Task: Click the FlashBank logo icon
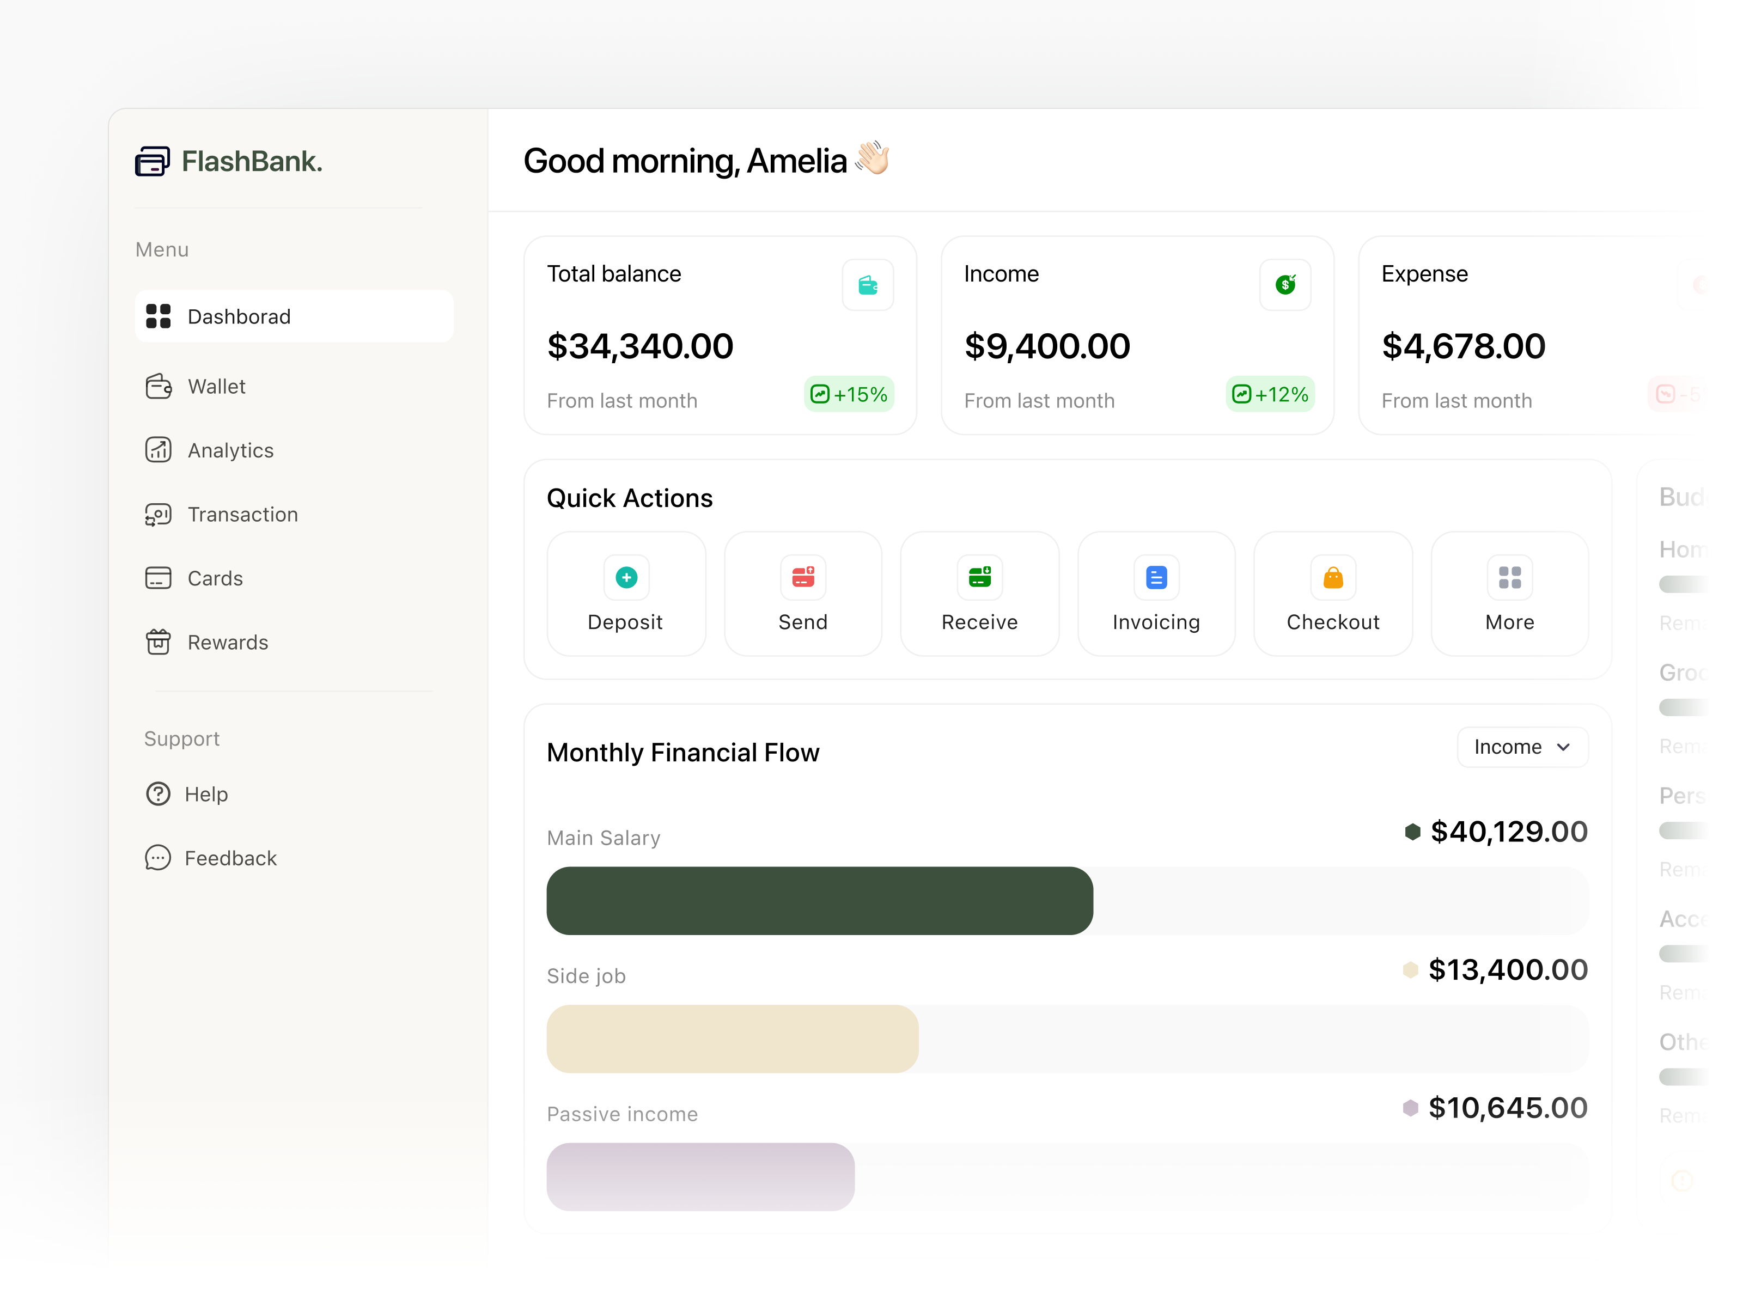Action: click(x=152, y=162)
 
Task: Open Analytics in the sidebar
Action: click(x=230, y=450)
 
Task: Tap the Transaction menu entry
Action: click(x=242, y=515)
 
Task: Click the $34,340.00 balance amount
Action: click(x=640, y=347)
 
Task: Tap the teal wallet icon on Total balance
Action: click(x=868, y=285)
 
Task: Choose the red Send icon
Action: click(x=803, y=577)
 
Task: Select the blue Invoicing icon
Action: click(x=1156, y=577)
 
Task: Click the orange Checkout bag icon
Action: click(x=1332, y=577)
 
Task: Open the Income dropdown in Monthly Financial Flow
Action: click(x=1521, y=747)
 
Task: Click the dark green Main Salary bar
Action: click(x=820, y=901)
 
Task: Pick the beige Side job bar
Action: click(x=732, y=1039)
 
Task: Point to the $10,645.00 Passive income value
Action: click(x=1507, y=1108)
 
